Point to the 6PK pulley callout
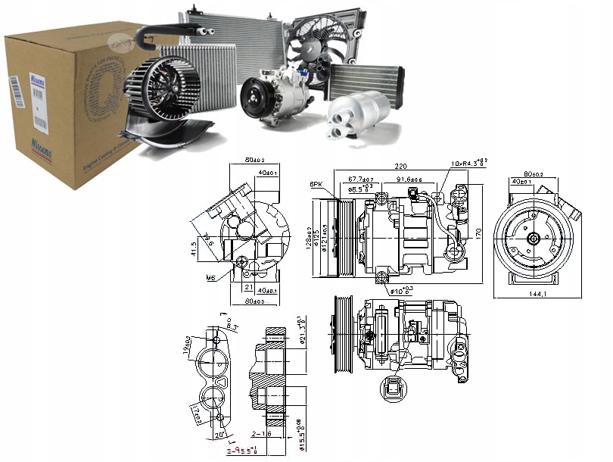pyautogui.click(x=316, y=184)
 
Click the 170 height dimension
pyautogui.click(x=479, y=233)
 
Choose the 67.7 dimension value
pyautogui.click(x=359, y=179)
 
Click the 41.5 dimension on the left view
pyautogui.click(x=194, y=248)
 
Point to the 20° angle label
pyautogui.click(x=219, y=435)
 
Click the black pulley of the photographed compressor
pyautogui.click(x=254, y=100)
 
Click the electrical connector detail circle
pyautogui.click(x=391, y=390)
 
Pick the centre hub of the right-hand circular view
pyautogui.click(x=532, y=237)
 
